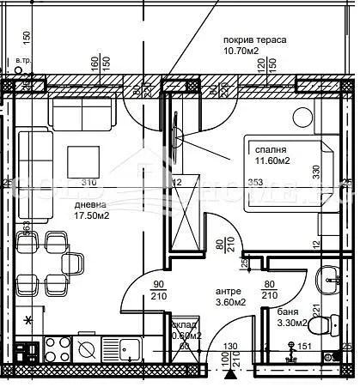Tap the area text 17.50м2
click(90, 216)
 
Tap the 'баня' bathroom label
click(287, 311)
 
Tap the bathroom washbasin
click(330, 278)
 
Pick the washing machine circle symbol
click(87, 349)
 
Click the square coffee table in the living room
click(86, 159)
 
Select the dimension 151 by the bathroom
click(303, 347)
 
